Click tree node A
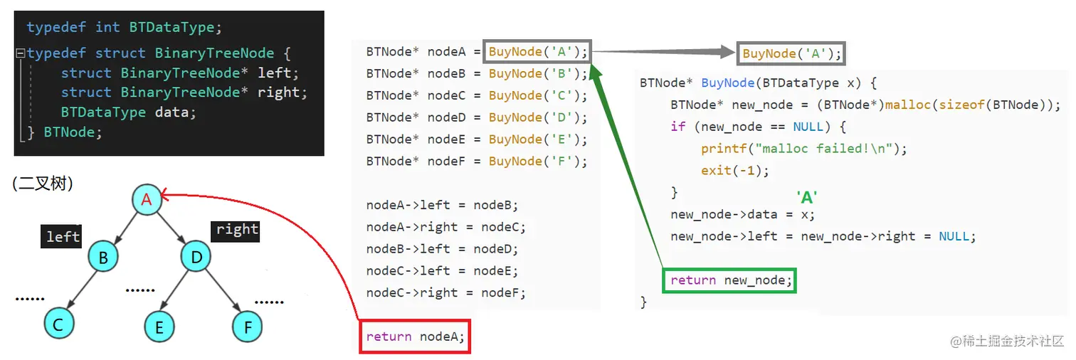pos(147,200)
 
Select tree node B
pos(103,258)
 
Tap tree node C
pos(58,324)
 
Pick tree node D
pos(196,256)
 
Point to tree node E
pos(159,327)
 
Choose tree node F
pos(247,327)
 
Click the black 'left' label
pos(61,236)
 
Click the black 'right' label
pos(236,230)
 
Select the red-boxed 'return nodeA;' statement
pos(415,337)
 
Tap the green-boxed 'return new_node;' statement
pos(730,280)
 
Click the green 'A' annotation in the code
pos(806,198)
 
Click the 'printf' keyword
pos(721,149)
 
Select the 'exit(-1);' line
pos(735,171)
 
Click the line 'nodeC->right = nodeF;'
pos(445,292)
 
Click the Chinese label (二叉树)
pos(43,184)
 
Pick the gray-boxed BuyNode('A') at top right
pos(791,53)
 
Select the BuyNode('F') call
pos(537,162)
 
